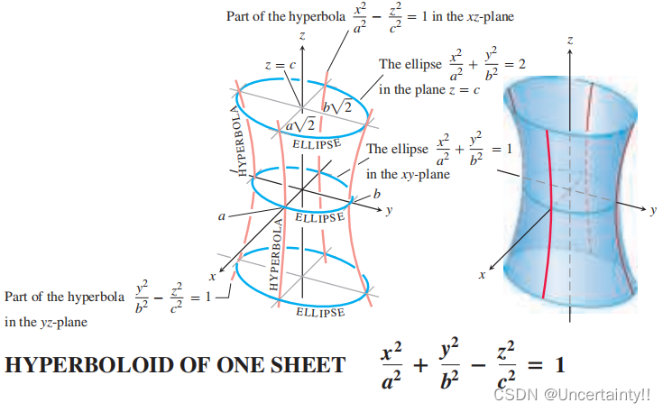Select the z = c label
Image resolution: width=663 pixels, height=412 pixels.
[280, 66]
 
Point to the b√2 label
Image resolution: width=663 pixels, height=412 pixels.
[336, 108]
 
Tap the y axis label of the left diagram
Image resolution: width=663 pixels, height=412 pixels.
[389, 212]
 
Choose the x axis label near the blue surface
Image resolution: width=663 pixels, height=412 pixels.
[481, 274]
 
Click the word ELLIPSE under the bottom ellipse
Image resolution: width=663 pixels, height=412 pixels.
[319, 312]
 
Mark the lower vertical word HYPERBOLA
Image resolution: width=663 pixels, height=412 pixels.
[275, 256]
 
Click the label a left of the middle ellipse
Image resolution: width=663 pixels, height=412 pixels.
[219, 216]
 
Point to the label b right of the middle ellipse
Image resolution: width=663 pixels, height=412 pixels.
[377, 194]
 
